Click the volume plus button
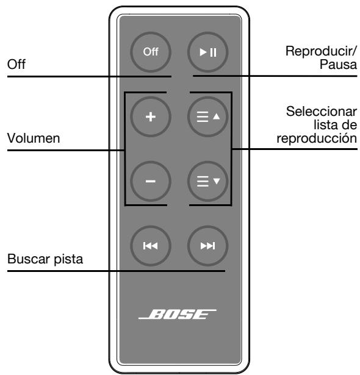(150, 116)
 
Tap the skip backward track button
(150, 246)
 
